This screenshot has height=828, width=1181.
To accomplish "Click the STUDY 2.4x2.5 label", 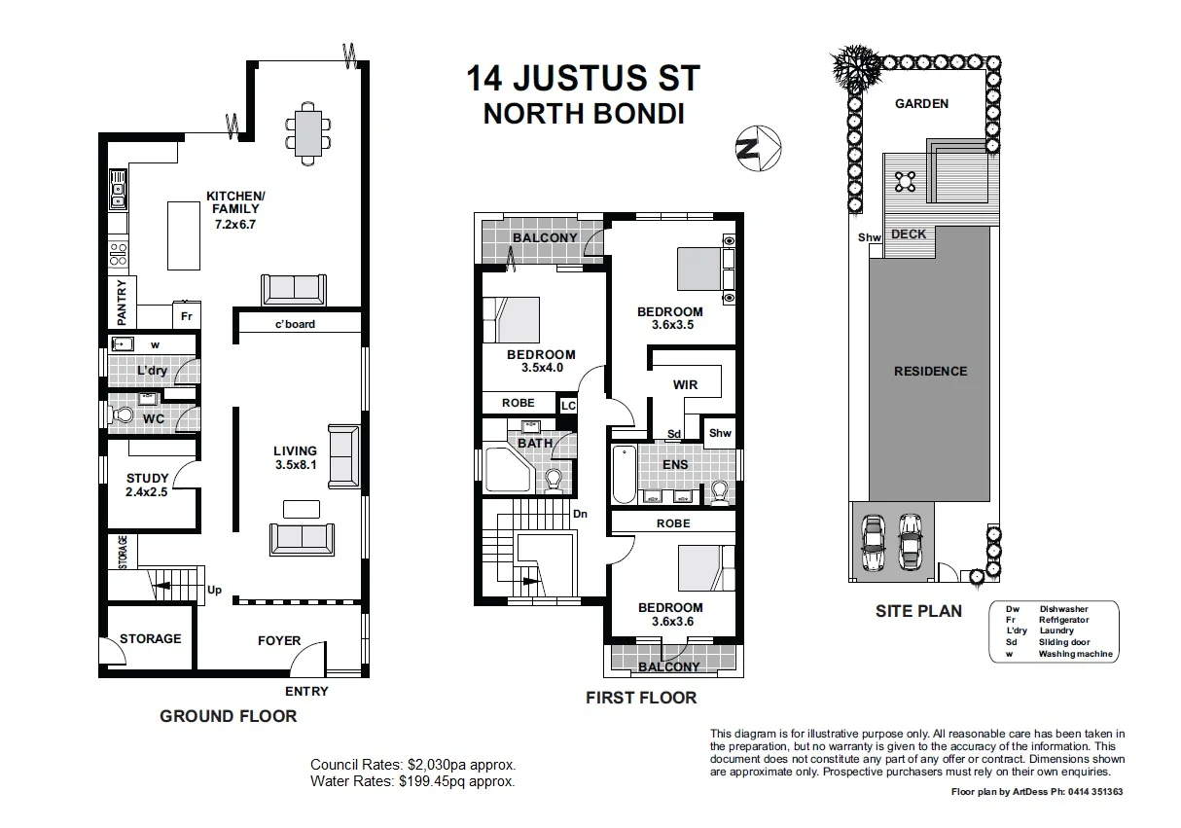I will click(x=148, y=485).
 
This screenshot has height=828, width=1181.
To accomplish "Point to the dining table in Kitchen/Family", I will click(x=306, y=132).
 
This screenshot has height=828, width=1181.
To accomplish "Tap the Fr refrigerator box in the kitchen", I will click(x=186, y=316).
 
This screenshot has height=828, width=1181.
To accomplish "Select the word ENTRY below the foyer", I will click(x=306, y=692).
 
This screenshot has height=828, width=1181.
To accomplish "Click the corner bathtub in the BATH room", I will click(x=506, y=470).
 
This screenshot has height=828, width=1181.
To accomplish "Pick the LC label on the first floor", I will click(x=567, y=405).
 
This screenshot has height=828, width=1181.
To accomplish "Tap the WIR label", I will click(x=685, y=385).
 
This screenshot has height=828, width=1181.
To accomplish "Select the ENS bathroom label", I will click(x=675, y=464).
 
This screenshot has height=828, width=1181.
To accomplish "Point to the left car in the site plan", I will click(x=873, y=544).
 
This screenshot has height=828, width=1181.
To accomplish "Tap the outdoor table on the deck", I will click(x=906, y=180).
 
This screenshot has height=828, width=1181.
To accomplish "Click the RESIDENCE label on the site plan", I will click(x=931, y=371).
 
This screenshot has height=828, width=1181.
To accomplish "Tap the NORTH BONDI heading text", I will click(x=584, y=114).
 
